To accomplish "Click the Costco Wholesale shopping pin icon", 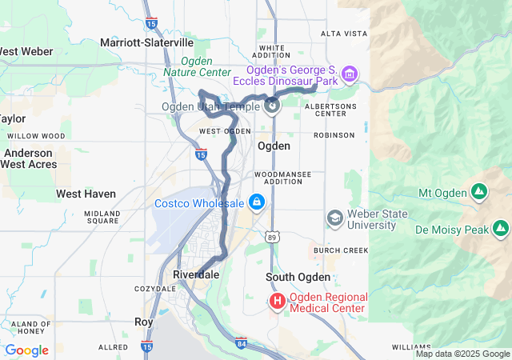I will [256, 201].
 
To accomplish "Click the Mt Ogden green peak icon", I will [478, 193].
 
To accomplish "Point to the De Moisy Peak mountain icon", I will [501, 230].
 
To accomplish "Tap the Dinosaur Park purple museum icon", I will [349, 75].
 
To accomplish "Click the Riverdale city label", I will [196, 274].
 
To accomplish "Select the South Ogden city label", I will [298, 277].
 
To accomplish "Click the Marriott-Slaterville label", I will [146, 42].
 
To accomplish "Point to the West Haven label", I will [86, 194].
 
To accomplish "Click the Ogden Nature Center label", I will [197, 66].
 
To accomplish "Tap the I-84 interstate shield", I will [242, 344].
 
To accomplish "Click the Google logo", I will [26, 350].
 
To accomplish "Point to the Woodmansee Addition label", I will [280, 178].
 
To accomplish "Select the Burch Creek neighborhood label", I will [340, 250].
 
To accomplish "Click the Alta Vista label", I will [343, 34].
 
